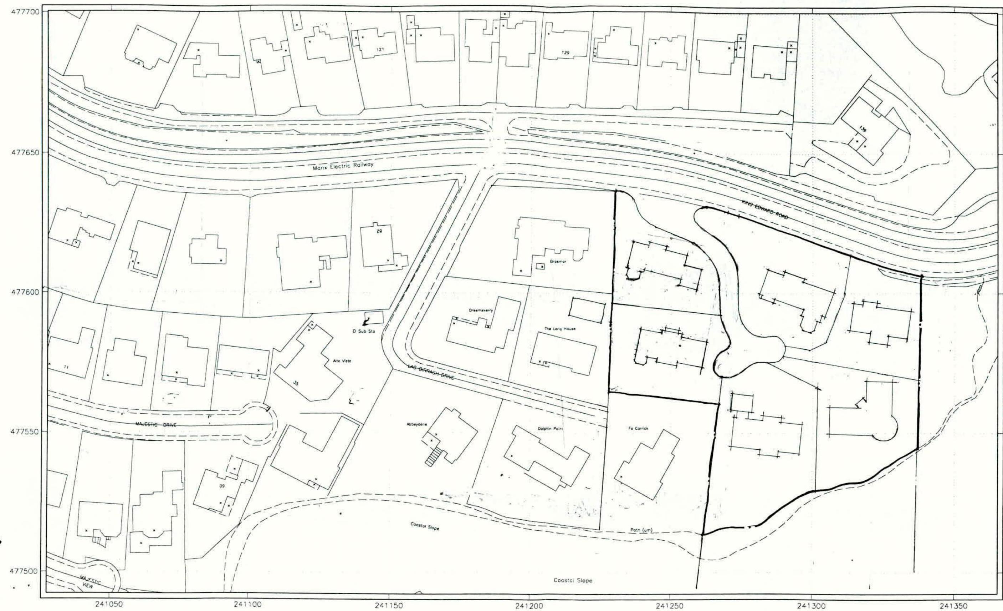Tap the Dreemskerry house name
click(480, 310)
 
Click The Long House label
click(560, 328)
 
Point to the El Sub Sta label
click(363, 332)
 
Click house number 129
click(565, 52)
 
